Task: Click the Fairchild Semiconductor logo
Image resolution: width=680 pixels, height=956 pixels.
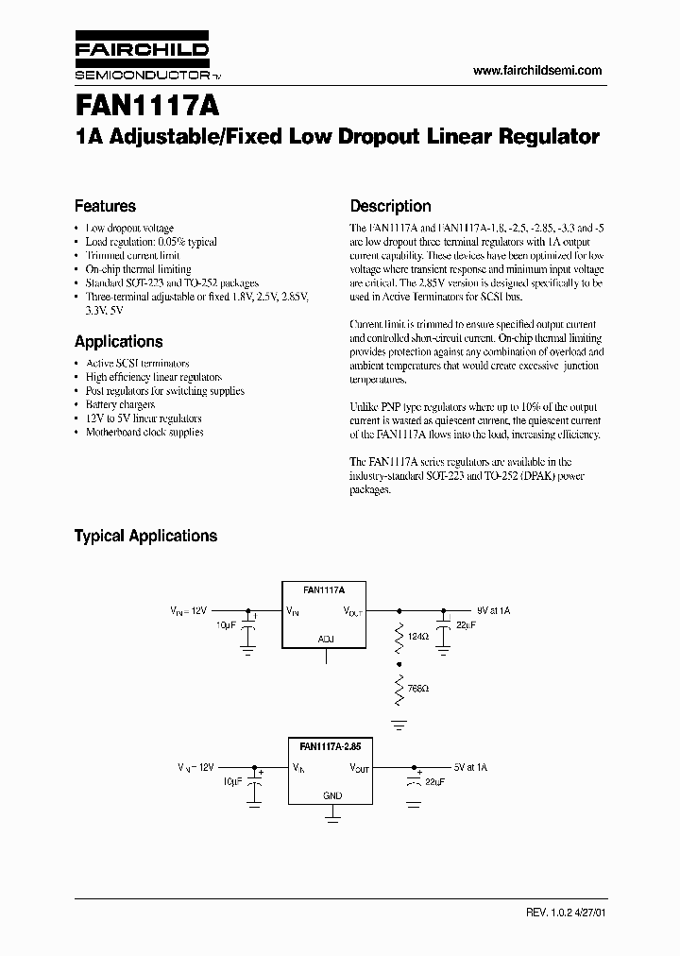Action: point(144,59)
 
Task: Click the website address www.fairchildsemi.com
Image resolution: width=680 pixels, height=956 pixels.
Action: point(536,71)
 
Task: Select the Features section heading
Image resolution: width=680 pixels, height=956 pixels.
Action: point(105,206)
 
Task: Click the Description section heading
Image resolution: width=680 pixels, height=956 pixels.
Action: point(390,206)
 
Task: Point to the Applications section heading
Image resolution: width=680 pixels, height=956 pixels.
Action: point(118,342)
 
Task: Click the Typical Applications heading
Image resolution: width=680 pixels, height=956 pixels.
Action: point(145,536)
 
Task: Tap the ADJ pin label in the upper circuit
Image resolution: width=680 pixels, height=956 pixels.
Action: point(326,639)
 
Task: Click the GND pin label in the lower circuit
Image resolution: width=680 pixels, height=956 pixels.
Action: point(332,795)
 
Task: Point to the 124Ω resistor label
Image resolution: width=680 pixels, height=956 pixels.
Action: point(417,638)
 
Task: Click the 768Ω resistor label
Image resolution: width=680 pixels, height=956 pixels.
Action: point(417,688)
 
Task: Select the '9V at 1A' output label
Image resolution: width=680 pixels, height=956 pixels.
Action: point(492,611)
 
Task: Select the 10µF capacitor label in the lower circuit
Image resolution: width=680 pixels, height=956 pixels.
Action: point(231,782)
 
